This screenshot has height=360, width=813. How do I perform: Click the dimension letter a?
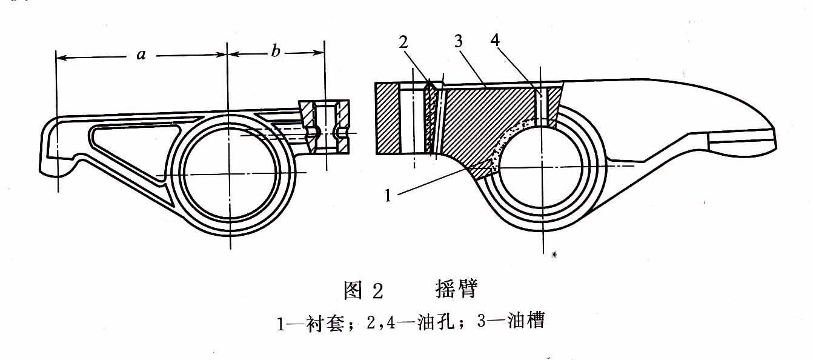coord(142,55)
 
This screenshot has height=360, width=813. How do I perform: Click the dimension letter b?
coord(276,53)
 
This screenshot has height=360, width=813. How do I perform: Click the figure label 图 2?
coord(364,291)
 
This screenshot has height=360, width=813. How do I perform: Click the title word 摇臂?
coord(456,289)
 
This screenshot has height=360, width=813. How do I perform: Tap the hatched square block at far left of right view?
coord(387,119)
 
